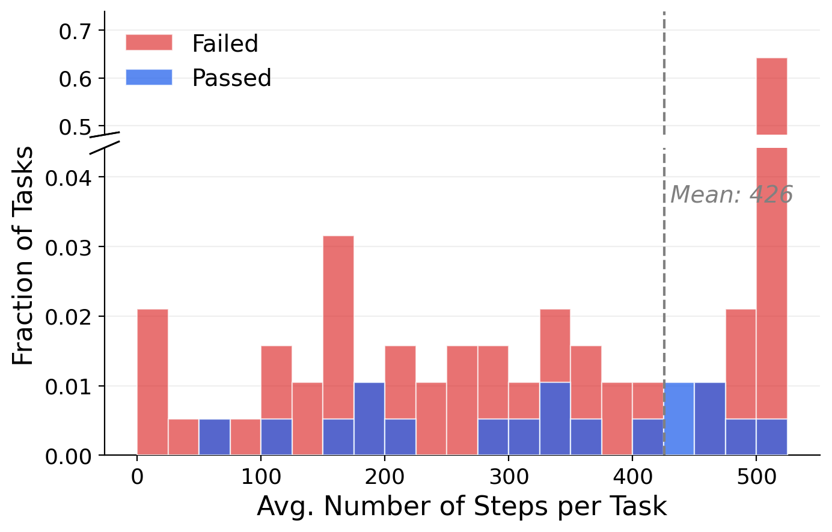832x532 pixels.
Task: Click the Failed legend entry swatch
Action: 148,43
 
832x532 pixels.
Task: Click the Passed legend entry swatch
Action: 148,78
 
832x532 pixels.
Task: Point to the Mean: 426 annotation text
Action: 732,195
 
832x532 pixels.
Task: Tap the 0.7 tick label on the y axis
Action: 74,31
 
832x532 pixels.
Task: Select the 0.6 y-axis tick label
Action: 74,79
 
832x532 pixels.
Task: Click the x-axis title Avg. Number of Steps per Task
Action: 462,507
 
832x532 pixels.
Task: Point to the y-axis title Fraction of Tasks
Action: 23,255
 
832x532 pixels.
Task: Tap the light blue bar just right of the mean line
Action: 679,419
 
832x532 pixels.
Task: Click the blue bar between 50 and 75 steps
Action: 215,437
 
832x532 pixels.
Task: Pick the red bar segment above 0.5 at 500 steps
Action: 772,96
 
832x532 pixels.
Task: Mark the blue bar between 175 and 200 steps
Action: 369,419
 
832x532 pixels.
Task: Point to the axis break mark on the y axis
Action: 105,141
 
